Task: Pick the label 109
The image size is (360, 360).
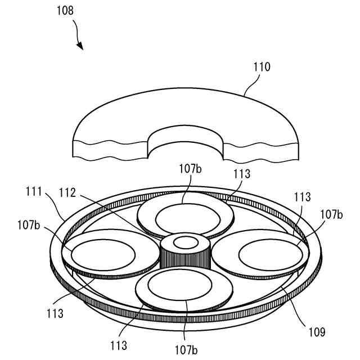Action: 316,332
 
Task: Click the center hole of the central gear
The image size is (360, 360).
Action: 185,243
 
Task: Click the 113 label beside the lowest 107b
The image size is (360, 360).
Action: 119,345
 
